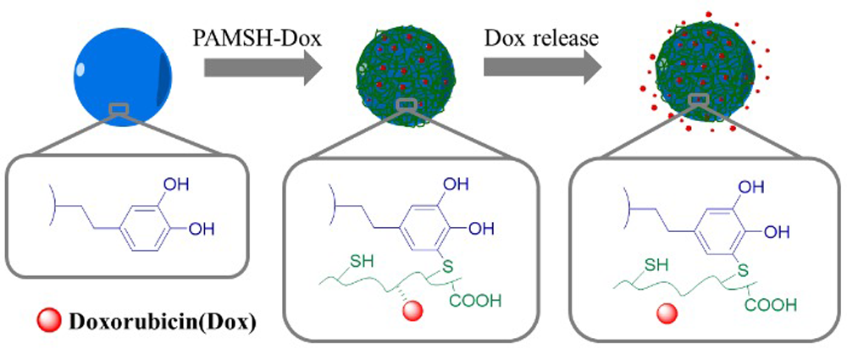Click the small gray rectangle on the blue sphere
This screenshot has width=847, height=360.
tap(119, 108)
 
